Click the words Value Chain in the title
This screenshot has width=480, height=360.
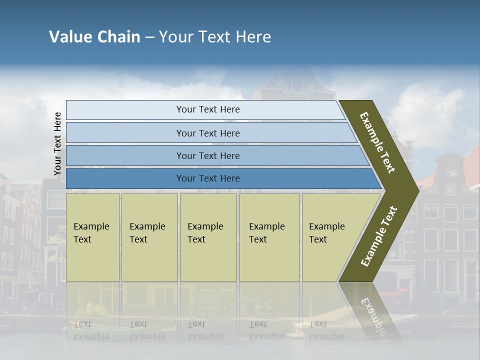pos(94,37)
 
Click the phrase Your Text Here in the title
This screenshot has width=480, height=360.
pos(215,37)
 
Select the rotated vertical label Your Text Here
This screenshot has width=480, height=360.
pos(57,144)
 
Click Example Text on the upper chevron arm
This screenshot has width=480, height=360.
pos(377,142)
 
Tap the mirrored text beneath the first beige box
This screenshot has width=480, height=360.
pos(91,330)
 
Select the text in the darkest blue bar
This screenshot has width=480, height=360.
pos(208,178)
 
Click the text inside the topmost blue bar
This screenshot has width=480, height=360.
pos(208,109)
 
